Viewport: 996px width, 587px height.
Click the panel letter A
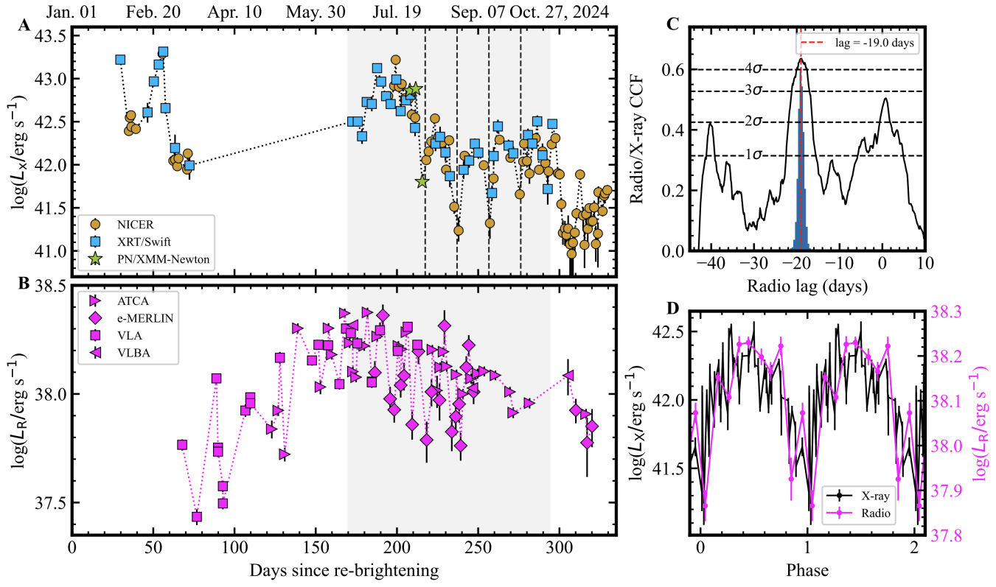(x=24, y=27)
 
